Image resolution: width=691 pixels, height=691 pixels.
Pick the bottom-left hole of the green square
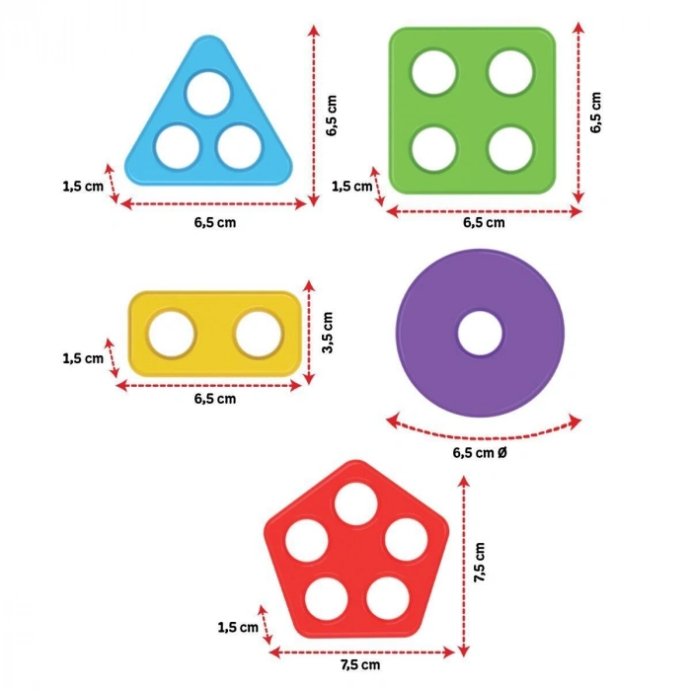click(x=434, y=148)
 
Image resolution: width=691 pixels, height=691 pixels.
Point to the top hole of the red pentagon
click(x=351, y=504)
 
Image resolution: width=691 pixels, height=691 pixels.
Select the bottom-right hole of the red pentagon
click(x=389, y=596)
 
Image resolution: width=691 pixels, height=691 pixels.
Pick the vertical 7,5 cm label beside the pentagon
click(x=481, y=563)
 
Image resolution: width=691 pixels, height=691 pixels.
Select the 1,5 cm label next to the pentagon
click(x=238, y=627)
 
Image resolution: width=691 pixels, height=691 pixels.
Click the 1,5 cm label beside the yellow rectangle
click(x=82, y=358)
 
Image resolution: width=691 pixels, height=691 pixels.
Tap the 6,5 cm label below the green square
click(x=484, y=222)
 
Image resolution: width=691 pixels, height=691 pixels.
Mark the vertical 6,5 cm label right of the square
click(x=595, y=114)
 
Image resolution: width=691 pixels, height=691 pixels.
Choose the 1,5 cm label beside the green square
click(x=352, y=186)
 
